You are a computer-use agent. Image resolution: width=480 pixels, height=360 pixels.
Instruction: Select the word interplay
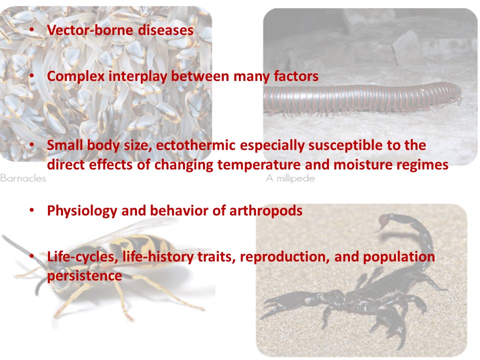pos(138,76)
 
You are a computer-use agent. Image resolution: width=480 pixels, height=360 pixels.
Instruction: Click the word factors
pos(296,76)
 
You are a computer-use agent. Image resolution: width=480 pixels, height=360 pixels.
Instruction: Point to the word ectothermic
pos(195,145)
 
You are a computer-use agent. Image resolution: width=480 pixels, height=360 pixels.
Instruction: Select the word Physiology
pos(82,211)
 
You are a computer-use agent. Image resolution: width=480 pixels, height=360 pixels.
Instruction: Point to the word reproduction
pos(285,257)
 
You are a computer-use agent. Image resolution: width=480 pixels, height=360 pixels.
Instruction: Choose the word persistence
pos(84,276)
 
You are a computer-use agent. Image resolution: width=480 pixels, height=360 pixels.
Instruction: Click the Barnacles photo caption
pos(23,178)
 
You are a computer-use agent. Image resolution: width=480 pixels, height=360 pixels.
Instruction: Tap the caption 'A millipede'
pos(290,178)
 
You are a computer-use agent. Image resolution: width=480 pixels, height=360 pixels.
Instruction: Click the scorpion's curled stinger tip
pos(379,228)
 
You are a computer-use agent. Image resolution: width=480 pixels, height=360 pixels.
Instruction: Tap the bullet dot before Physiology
pos(31,210)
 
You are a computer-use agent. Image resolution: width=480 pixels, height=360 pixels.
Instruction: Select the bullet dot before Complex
pos(31,76)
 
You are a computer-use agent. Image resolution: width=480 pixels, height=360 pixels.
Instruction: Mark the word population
pos(399,257)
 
